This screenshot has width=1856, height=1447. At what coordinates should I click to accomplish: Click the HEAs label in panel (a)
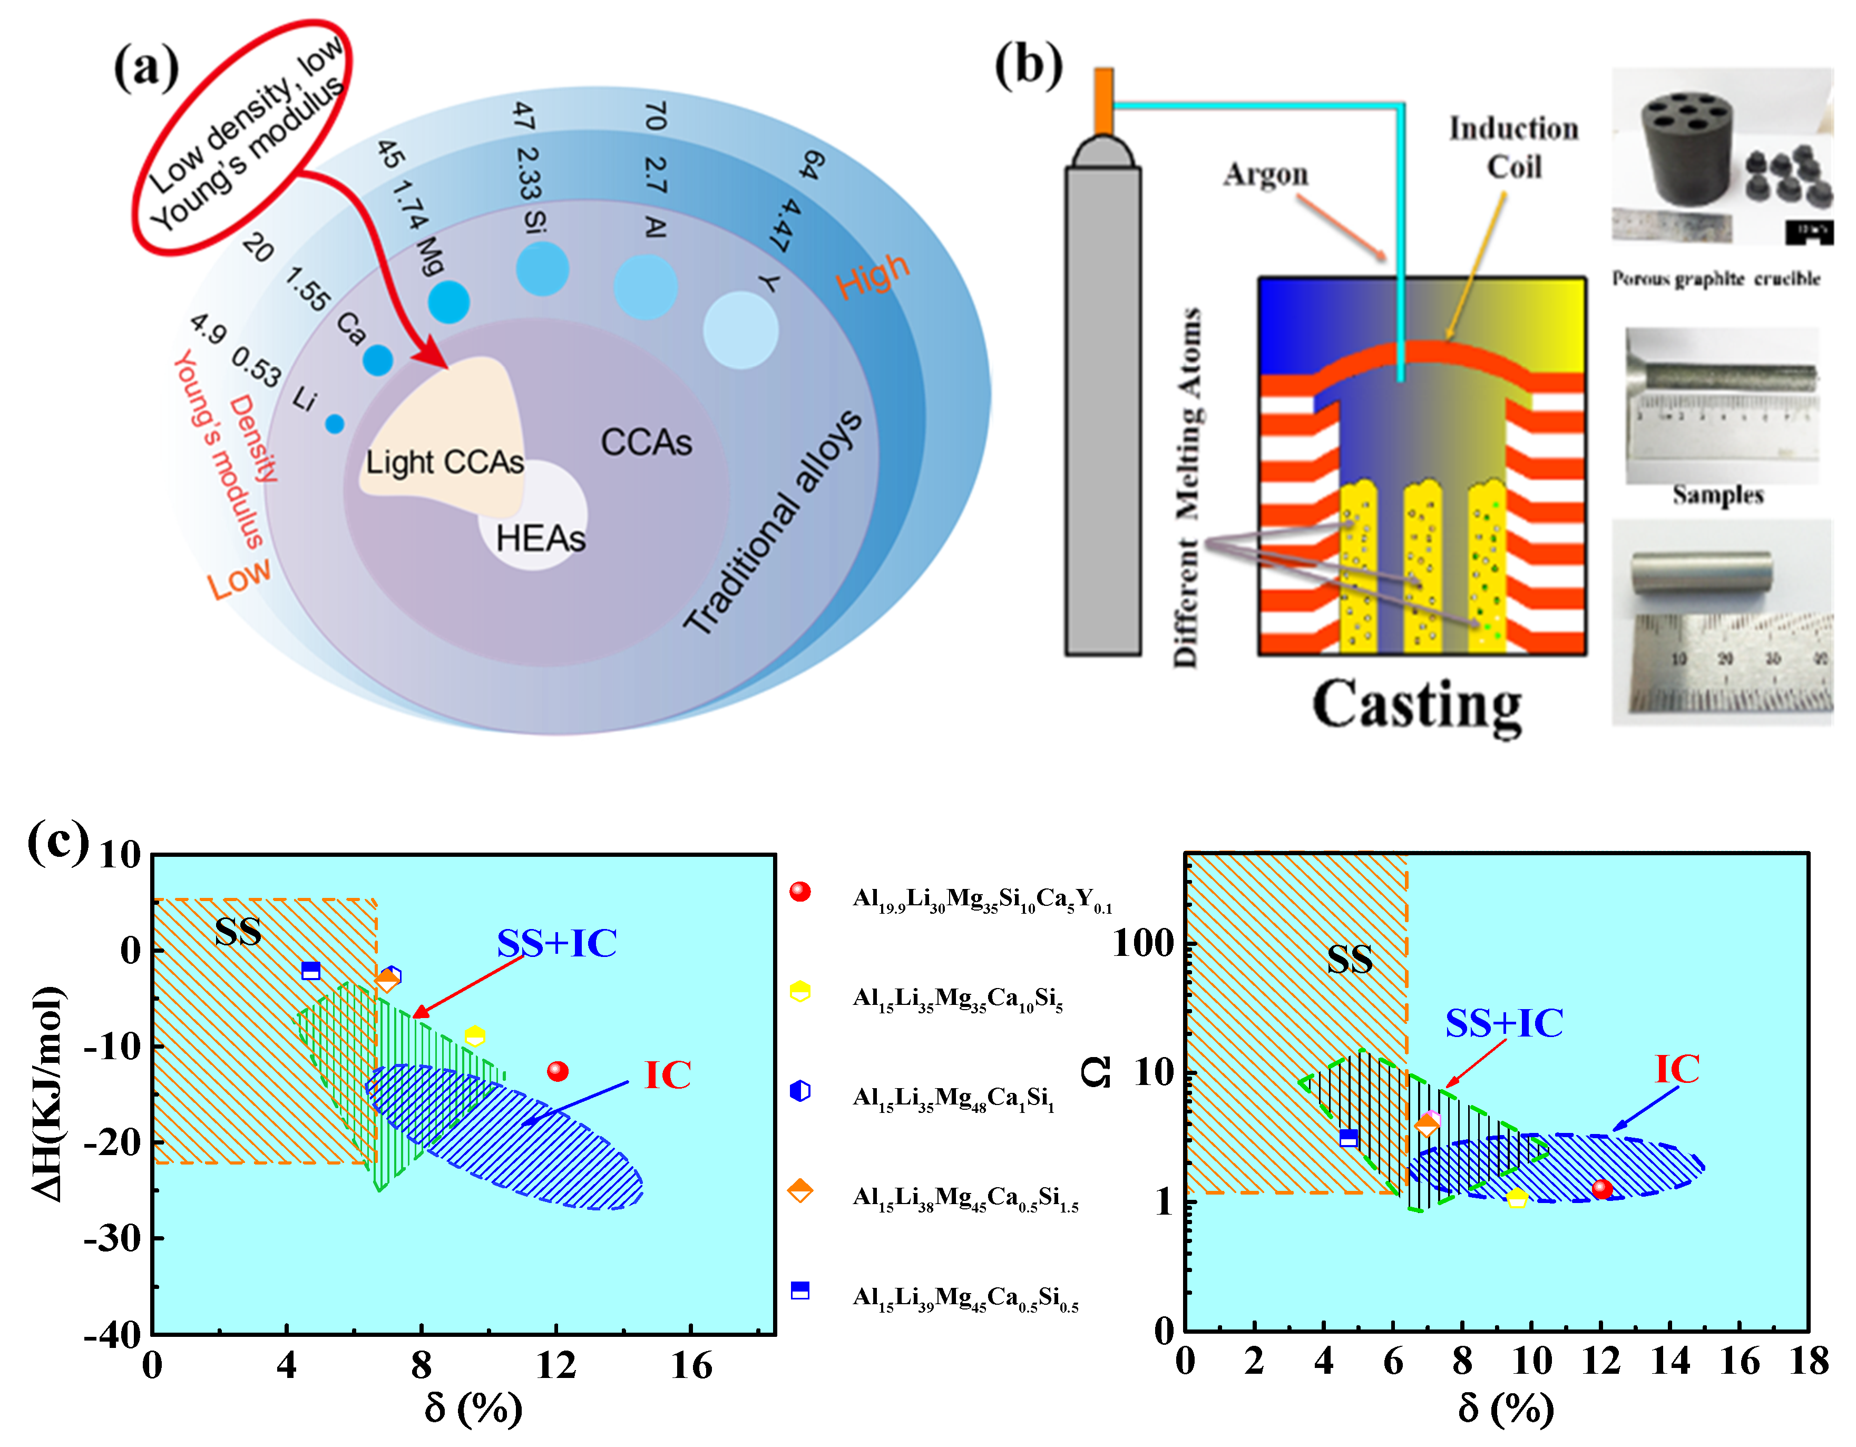pyautogui.click(x=541, y=539)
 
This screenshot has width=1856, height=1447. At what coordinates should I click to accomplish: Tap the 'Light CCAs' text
pyautogui.click(x=444, y=462)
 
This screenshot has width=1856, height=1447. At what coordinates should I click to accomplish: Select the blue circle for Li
pyautogui.click(x=335, y=423)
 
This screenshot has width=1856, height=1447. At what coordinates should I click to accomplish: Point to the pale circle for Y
pyautogui.click(x=740, y=330)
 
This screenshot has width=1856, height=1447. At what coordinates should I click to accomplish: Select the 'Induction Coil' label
pyautogui.click(x=1513, y=148)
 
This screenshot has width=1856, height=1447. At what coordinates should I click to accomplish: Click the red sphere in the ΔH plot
pyautogui.click(x=558, y=1071)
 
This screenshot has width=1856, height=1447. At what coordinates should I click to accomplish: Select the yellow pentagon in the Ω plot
pyautogui.click(x=1517, y=1198)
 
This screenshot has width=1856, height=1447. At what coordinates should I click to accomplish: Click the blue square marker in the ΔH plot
pyautogui.click(x=311, y=970)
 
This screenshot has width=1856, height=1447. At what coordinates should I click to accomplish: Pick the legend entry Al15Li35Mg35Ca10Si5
pyautogui.click(x=957, y=999)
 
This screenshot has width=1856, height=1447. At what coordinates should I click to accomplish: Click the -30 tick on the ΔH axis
pyautogui.click(x=112, y=1239)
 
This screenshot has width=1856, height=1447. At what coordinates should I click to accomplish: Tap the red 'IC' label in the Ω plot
pyautogui.click(x=1677, y=1069)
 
